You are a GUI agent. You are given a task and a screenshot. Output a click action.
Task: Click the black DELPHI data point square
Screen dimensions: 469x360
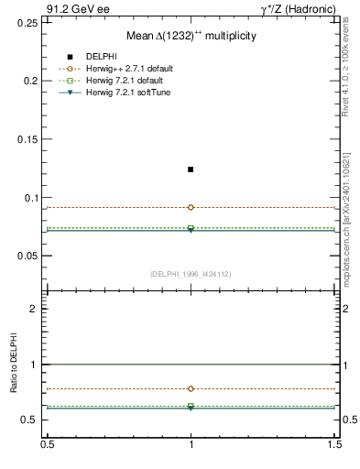(191, 169)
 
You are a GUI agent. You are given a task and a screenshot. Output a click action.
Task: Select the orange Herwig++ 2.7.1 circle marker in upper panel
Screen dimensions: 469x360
(191, 207)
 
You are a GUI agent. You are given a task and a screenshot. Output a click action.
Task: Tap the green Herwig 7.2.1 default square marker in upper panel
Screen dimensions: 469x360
(191, 228)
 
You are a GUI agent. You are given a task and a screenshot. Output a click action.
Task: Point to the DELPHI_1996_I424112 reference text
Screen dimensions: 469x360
(191, 274)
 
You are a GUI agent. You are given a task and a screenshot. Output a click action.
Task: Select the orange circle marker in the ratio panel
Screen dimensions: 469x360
(191, 388)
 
